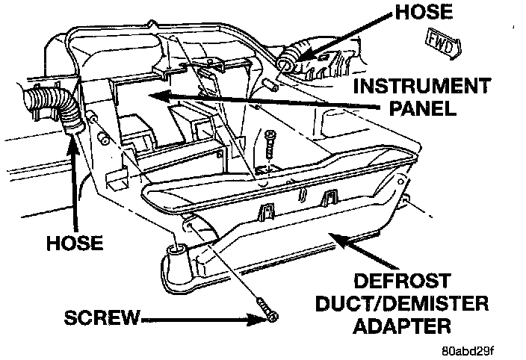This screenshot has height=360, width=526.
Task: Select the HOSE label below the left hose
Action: coord(74,244)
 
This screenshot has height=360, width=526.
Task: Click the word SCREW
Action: coord(102,319)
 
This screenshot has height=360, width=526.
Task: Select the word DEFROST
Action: coord(403,282)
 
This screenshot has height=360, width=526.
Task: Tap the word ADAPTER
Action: coord(404,326)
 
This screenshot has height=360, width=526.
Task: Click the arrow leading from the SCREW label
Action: coord(202,319)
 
